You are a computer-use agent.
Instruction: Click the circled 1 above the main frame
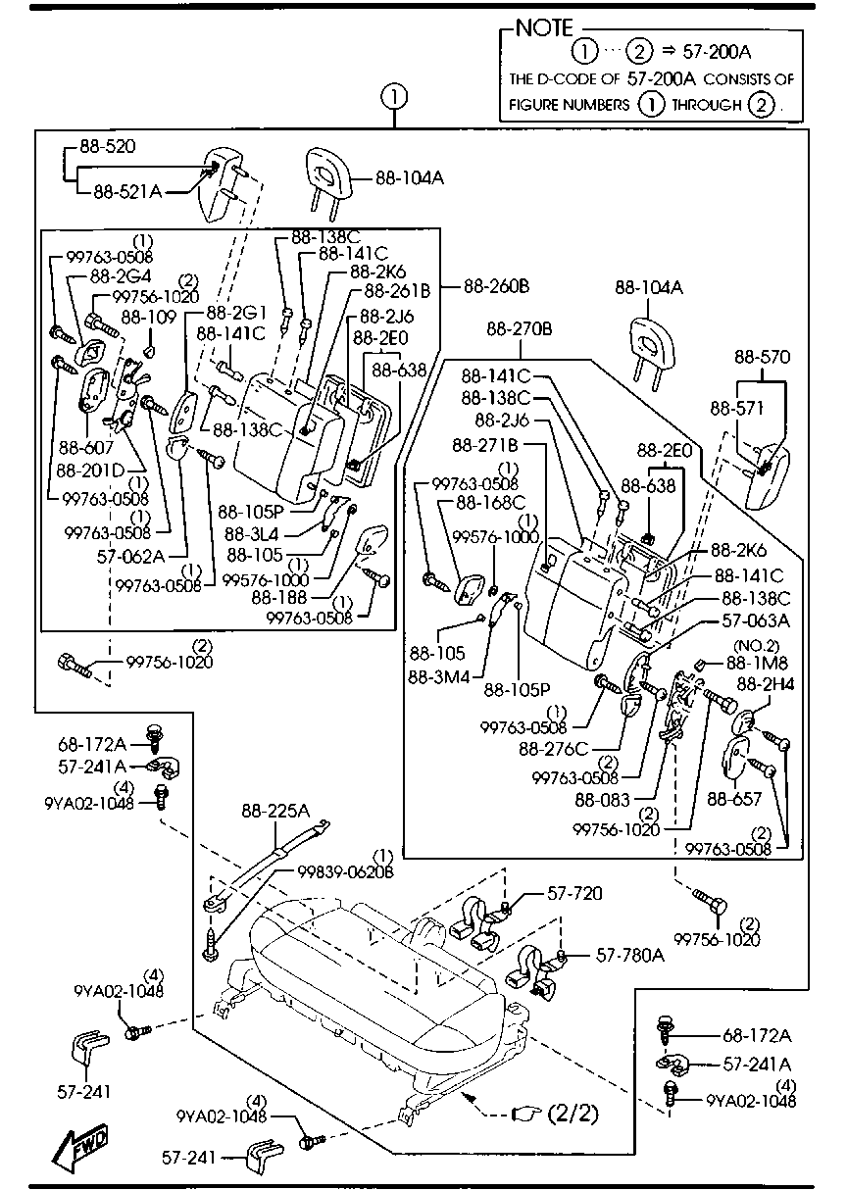(393, 96)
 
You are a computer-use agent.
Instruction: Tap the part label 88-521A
(126, 191)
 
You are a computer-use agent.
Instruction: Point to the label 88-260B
(496, 286)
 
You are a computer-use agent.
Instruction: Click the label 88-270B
(520, 329)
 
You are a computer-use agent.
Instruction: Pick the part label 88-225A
(276, 811)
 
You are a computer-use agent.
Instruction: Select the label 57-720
(574, 893)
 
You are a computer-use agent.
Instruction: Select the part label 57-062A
(129, 554)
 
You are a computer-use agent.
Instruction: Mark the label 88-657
(734, 800)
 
